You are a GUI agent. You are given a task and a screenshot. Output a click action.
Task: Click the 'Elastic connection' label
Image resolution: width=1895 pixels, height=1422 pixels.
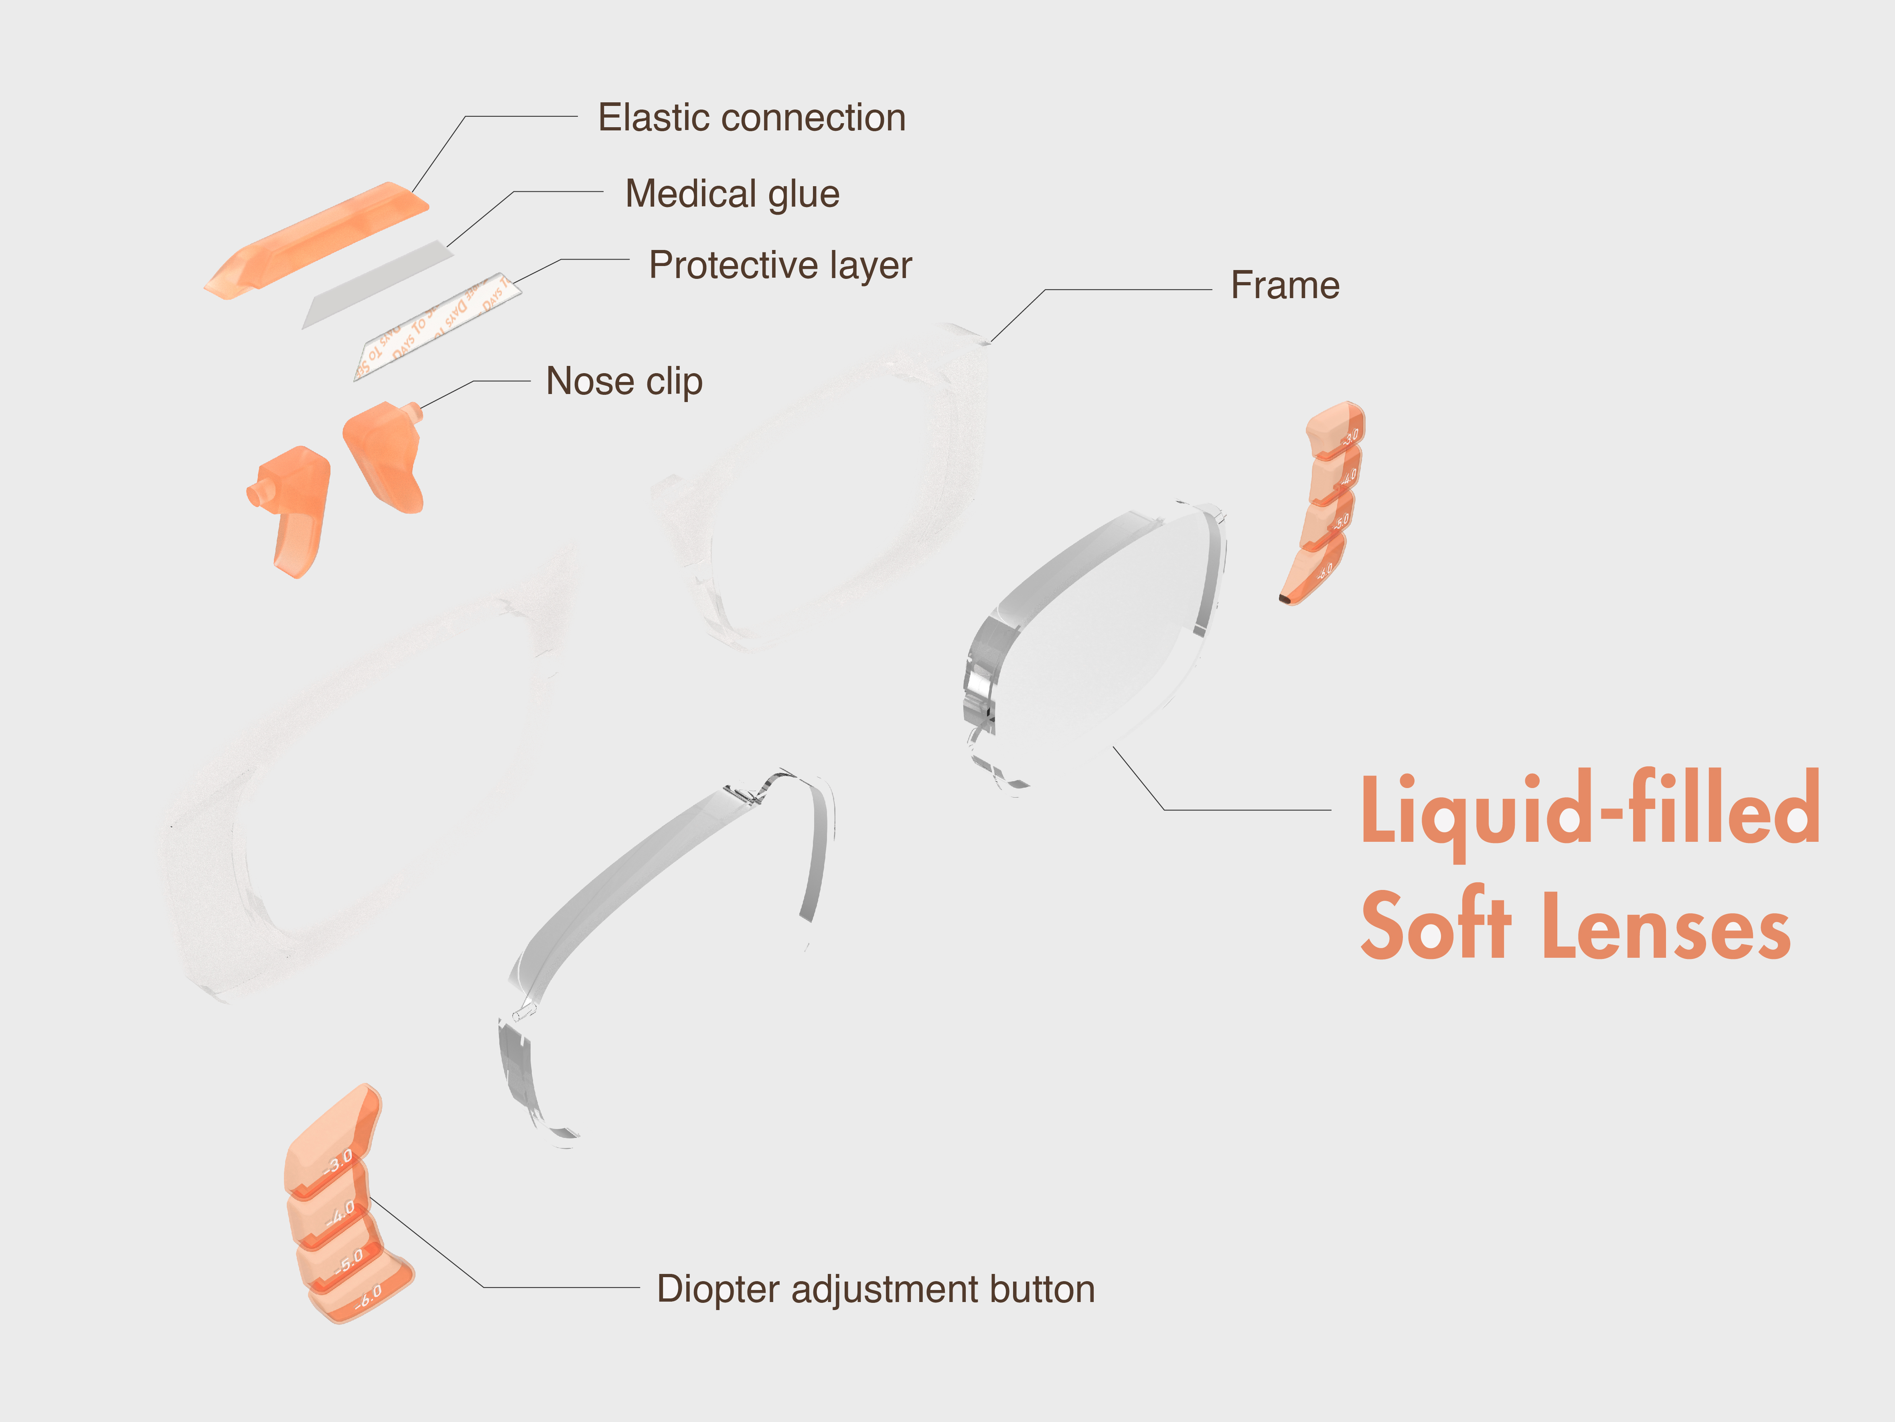(x=751, y=118)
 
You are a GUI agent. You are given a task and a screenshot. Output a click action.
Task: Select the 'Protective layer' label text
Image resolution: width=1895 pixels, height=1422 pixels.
(x=780, y=265)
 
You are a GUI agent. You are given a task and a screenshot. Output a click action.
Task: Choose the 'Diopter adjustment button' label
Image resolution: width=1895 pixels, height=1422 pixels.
(x=876, y=1288)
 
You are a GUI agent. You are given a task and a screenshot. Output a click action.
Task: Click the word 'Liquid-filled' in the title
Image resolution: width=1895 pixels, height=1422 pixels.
(x=1589, y=810)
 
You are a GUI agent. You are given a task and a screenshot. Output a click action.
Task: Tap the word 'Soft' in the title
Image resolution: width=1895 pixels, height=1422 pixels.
(x=1435, y=926)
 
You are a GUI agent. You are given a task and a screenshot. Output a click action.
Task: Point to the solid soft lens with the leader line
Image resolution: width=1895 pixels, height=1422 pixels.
(x=1105, y=634)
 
